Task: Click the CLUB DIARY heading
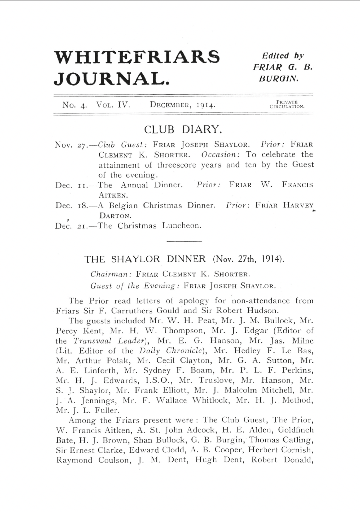click(x=183, y=129)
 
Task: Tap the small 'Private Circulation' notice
click(x=287, y=105)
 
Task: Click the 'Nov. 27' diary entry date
click(x=69, y=145)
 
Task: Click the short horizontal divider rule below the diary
click(x=184, y=241)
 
